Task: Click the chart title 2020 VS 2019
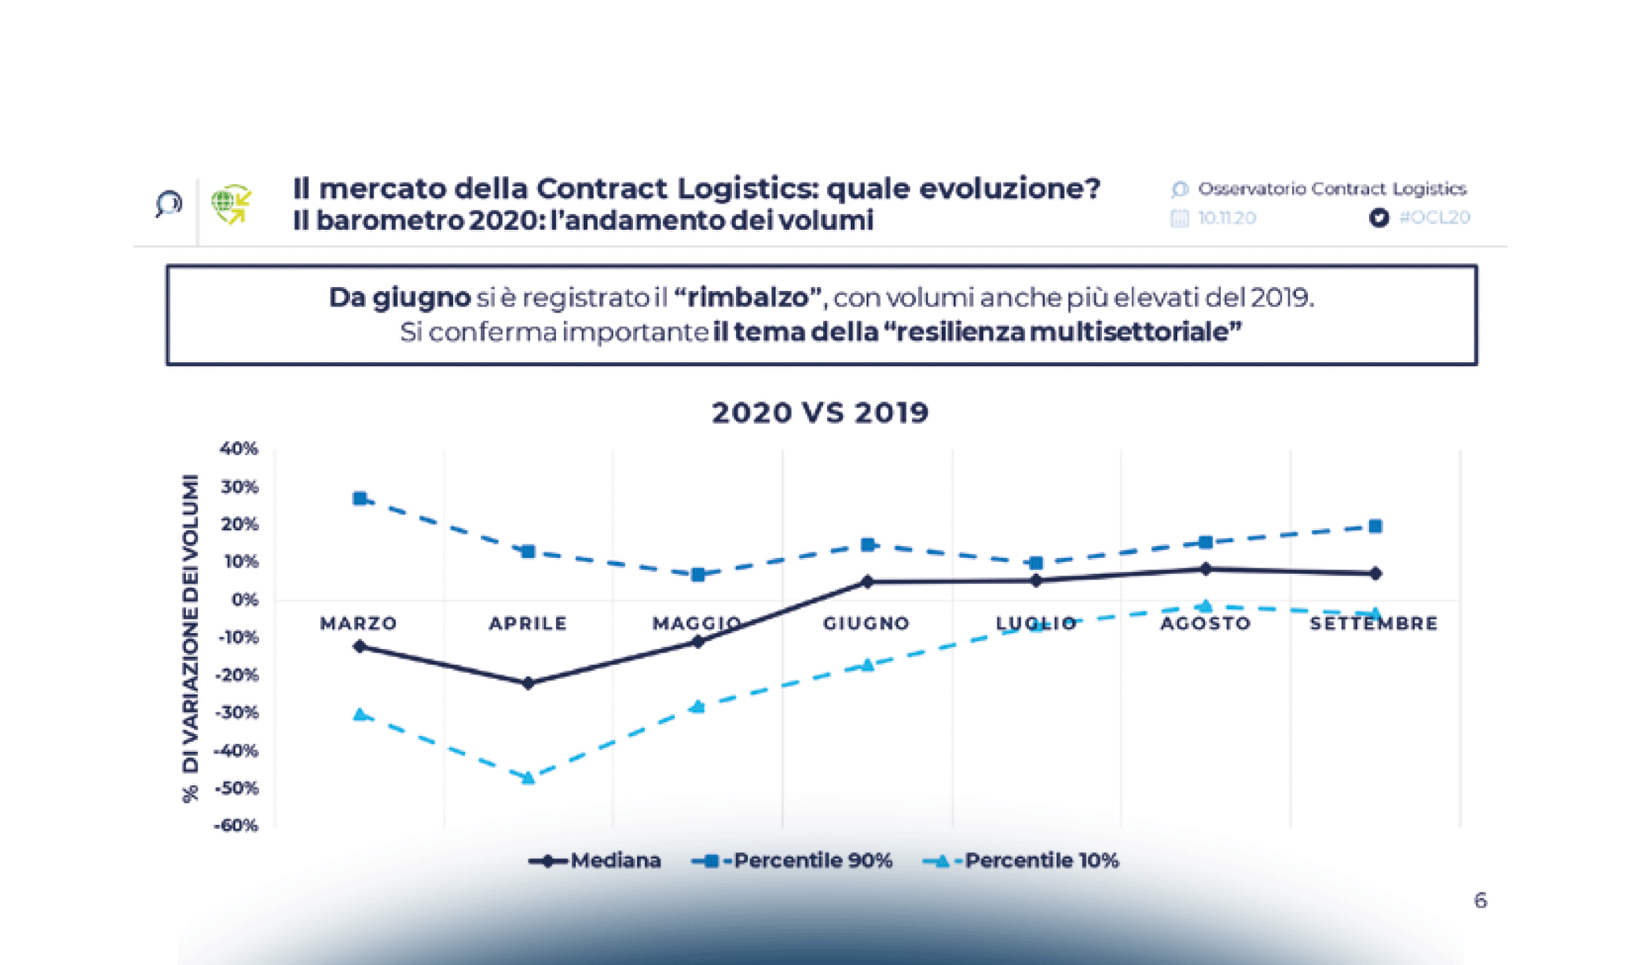[820, 413]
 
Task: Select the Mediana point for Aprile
[528, 684]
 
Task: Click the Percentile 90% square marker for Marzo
[360, 499]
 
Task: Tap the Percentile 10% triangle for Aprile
[528, 778]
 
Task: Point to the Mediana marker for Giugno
[867, 581]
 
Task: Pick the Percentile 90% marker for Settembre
[1376, 527]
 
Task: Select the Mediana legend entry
[595, 860]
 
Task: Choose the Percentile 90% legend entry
[792, 860]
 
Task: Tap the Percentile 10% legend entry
[1021, 860]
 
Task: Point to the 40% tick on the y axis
[239, 449]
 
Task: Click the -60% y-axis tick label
[236, 826]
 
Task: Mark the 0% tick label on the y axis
[245, 600]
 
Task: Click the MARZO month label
[359, 623]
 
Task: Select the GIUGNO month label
[866, 623]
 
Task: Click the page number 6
[1480, 901]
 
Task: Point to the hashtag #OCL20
[1434, 217]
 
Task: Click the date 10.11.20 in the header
[1227, 218]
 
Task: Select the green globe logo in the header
[231, 204]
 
